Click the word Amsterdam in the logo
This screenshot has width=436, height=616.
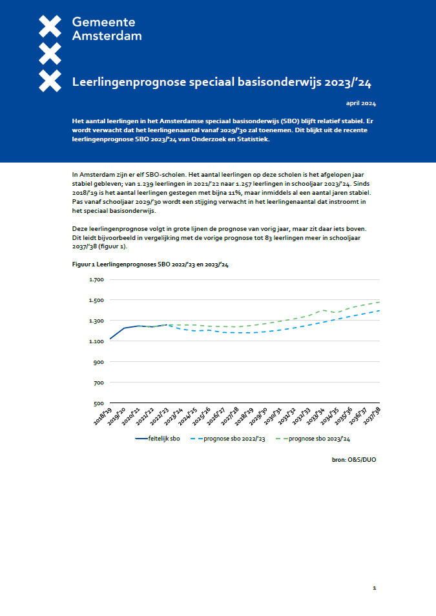pos(107,36)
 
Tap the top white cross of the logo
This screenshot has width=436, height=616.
pos(50,25)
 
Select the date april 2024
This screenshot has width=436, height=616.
pos(361,103)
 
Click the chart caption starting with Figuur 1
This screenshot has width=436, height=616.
pos(150,264)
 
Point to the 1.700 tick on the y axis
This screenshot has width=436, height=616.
pos(96,279)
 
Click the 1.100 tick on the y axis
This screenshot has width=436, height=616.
pos(96,341)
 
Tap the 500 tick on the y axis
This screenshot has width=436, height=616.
pos(98,403)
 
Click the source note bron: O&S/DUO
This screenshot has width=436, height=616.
pos(353,459)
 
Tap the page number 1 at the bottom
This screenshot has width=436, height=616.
pos(374,588)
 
